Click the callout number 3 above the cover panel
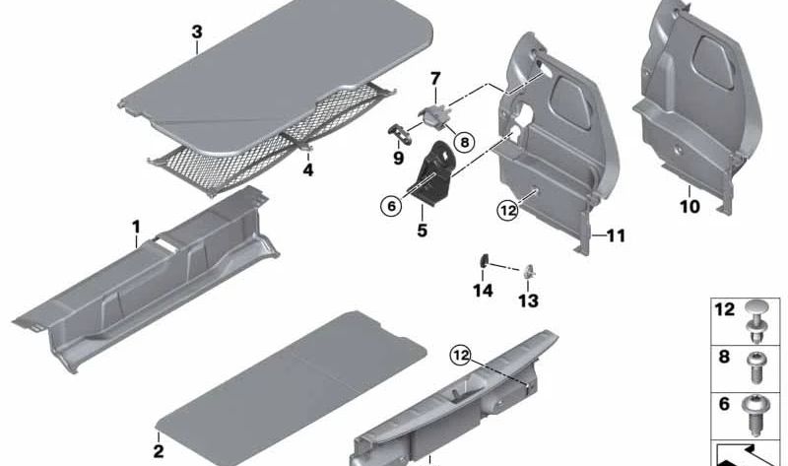tap(196, 33)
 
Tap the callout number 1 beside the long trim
tap(136, 227)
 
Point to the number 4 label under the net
tap(307, 169)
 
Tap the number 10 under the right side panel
tap(689, 207)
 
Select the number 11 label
tap(616, 236)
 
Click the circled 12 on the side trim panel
tap(507, 210)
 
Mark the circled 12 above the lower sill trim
tap(462, 354)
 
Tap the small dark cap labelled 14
tap(485, 261)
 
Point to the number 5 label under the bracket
tap(422, 233)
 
